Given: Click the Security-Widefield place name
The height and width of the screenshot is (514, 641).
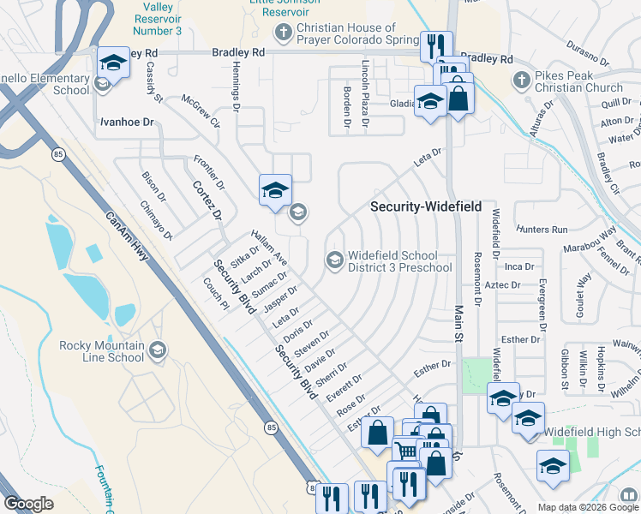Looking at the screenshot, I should coord(426,207).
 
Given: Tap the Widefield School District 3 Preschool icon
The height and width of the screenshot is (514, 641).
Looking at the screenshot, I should coord(334,260).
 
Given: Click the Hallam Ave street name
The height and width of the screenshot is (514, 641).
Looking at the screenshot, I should coord(269,247).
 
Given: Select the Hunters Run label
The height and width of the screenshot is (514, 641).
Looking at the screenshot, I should coord(542,230).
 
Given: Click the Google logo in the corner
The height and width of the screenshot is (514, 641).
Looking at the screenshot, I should coord(28,504).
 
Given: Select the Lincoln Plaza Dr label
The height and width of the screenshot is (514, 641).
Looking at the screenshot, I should coord(365,84).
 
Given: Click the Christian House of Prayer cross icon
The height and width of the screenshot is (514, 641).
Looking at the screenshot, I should coord(283,33).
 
